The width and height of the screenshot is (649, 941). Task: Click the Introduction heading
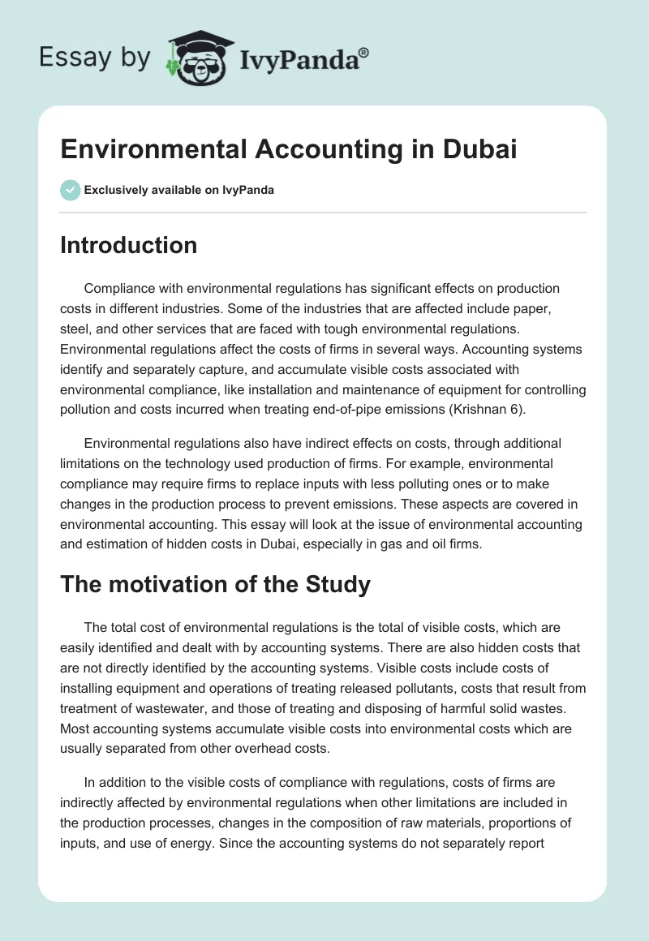(128, 245)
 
